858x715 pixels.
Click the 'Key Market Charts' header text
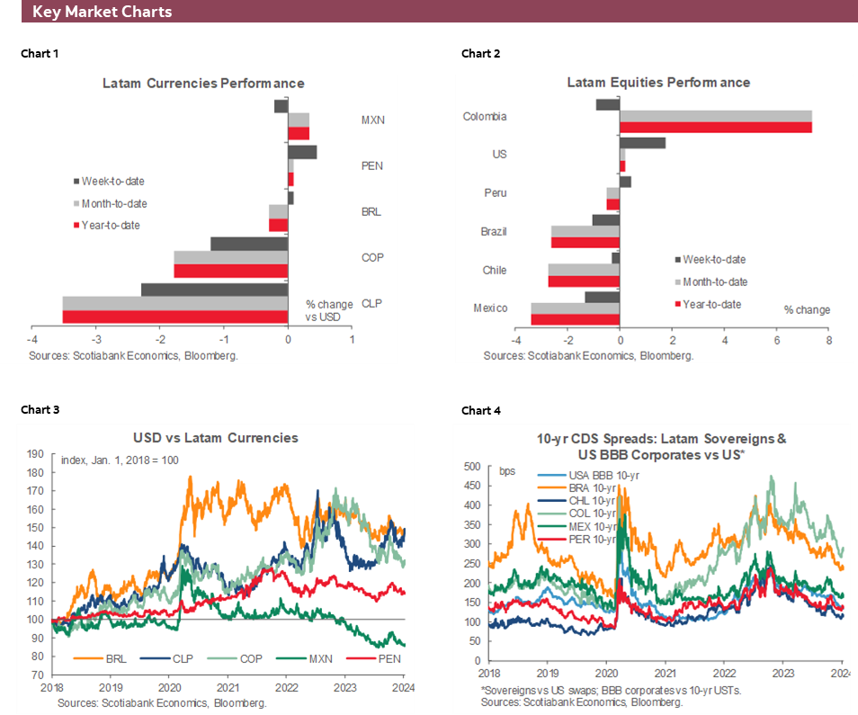coord(102,13)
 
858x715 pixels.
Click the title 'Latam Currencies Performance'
coord(203,83)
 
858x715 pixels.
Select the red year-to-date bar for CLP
coord(174,317)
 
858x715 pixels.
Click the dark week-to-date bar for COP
coord(249,244)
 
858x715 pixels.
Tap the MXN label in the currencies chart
coord(372,120)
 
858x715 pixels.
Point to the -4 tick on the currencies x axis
coord(31,339)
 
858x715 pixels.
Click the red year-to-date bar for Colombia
coord(715,128)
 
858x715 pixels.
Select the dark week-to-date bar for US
coord(642,143)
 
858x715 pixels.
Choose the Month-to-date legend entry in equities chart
coord(714,282)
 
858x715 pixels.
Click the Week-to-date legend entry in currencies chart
coord(112,181)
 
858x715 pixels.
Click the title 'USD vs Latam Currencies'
coord(215,438)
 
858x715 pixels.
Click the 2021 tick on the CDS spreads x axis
coord(666,673)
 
